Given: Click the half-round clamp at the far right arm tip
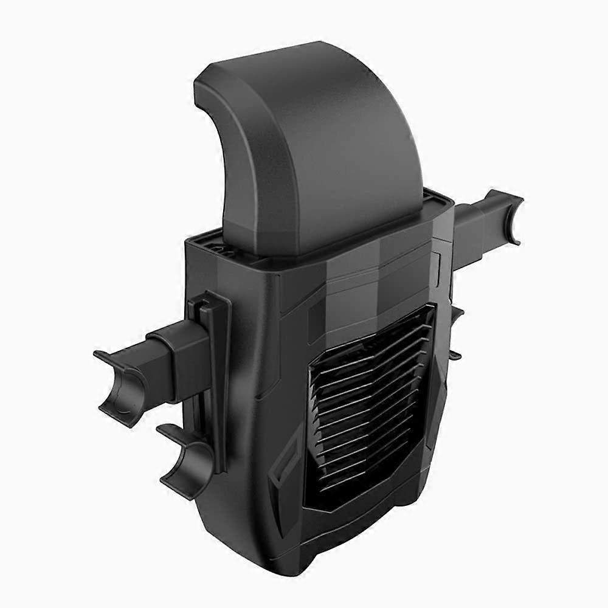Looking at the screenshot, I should click(x=508, y=216).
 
